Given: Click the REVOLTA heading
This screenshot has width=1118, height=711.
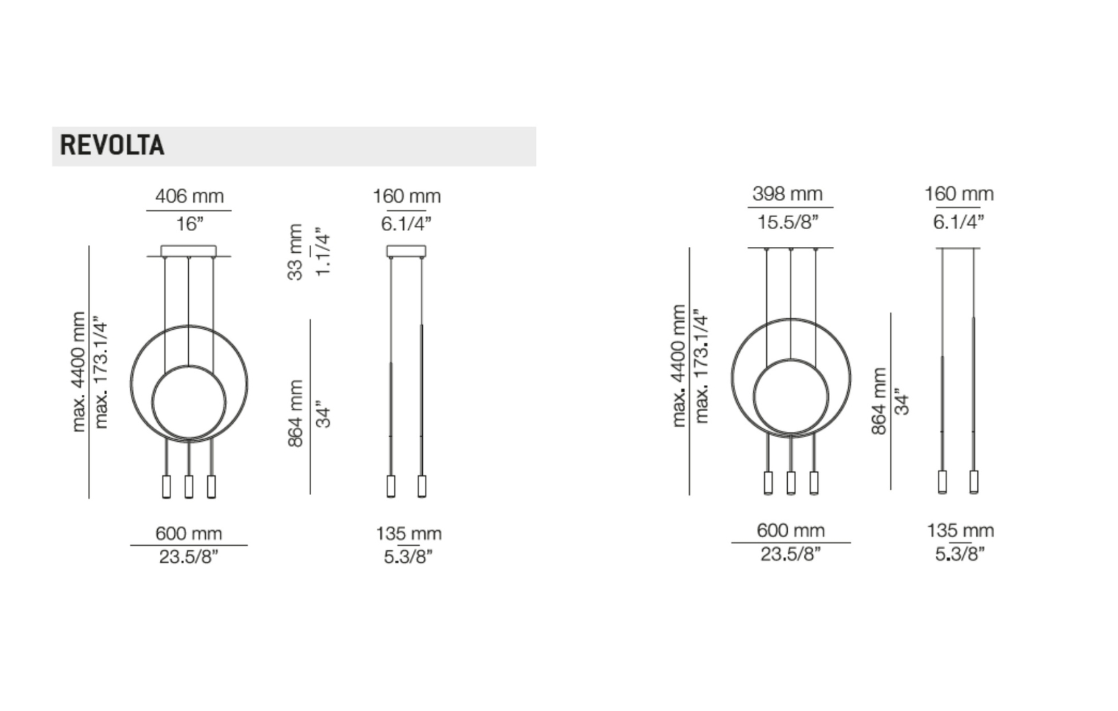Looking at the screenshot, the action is coord(112,145).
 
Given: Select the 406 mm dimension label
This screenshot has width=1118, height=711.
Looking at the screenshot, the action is coord(189,196).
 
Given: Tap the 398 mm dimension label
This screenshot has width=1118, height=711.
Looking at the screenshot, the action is coord(787,194).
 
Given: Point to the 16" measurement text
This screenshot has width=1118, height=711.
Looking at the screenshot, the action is coord(189,224).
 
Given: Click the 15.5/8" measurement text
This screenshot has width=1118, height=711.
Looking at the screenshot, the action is coord(788,222).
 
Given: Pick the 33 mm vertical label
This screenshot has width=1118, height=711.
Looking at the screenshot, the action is coord(295,252).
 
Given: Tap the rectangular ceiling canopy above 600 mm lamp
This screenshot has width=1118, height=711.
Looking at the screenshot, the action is coord(189,251).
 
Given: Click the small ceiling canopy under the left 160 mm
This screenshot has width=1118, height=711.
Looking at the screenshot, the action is coord(406,251).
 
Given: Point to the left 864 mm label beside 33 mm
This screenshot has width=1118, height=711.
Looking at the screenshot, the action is coord(295,413).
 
